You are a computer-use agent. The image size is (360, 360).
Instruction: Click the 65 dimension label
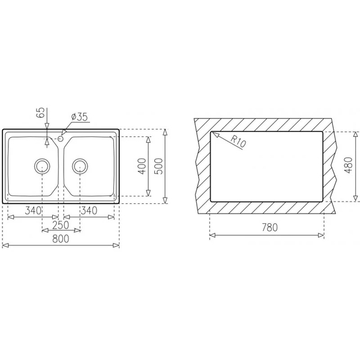click(x=40, y=113)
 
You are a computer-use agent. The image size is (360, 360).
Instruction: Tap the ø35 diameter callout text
click(x=79, y=116)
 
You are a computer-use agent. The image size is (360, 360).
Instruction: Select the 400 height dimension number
click(x=142, y=166)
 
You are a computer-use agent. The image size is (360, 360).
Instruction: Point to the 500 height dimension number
click(x=158, y=166)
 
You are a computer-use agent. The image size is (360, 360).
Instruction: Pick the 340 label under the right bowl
click(x=88, y=211)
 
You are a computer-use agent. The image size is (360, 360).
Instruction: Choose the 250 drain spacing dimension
click(x=60, y=225)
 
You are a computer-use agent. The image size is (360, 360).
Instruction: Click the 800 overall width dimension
click(x=61, y=239)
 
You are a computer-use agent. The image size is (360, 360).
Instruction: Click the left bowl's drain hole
click(x=43, y=166)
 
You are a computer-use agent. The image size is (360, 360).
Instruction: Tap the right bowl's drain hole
click(x=80, y=166)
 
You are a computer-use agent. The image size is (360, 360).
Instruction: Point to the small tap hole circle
click(x=61, y=139)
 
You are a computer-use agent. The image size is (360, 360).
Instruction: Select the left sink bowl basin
click(x=30, y=165)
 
